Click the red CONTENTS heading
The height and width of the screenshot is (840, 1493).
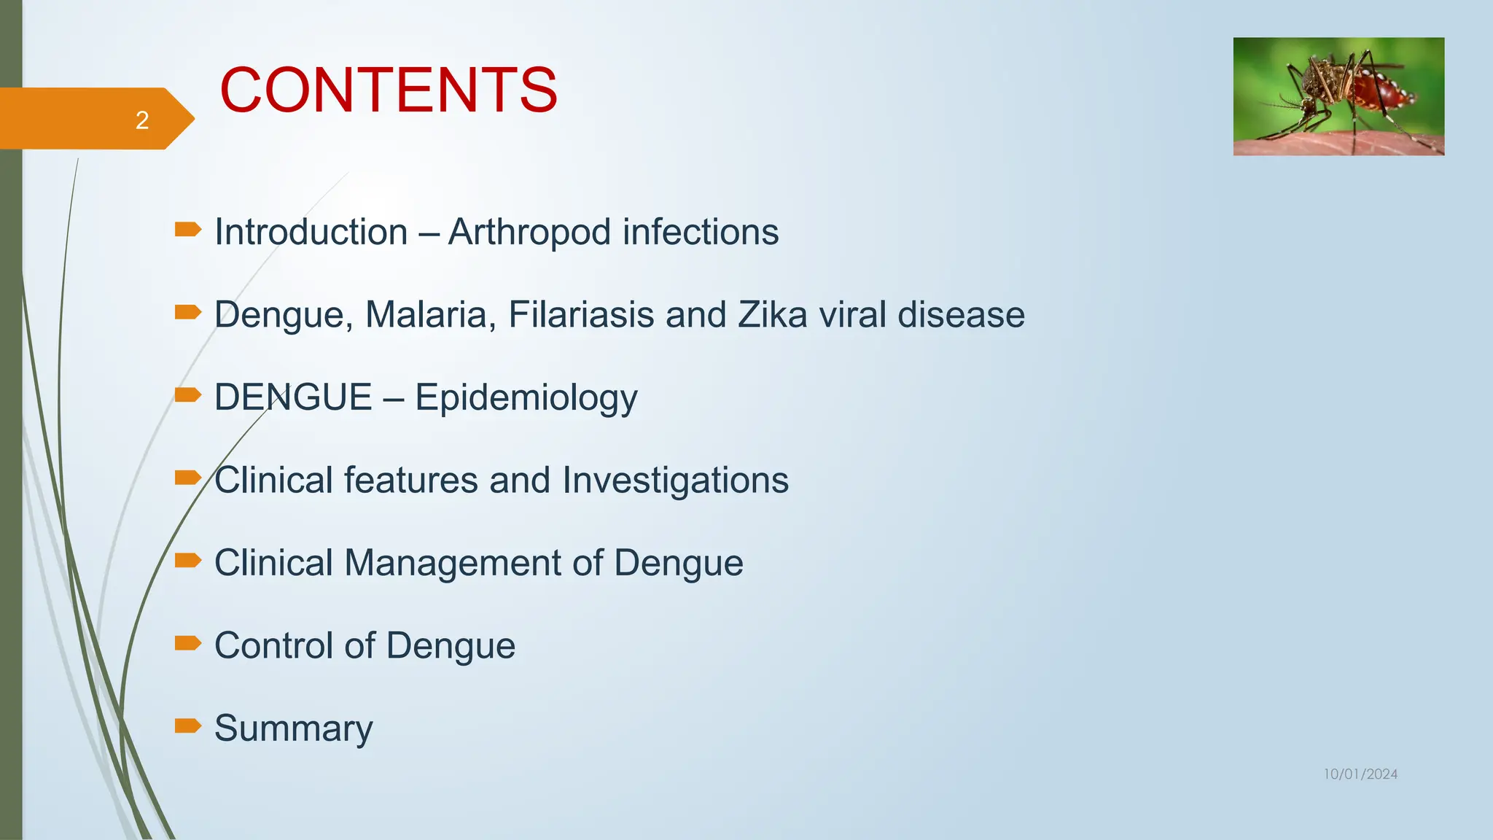(x=389, y=90)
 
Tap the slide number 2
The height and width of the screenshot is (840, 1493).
(x=142, y=120)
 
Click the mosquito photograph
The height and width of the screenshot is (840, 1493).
(x=1338, y=96)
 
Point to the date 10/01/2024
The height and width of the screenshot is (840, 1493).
(x=1360, y=774)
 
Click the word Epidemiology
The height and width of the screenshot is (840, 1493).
(x=526, y=399)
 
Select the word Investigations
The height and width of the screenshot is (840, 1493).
(x=675, y=481)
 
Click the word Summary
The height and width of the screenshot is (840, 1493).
(x=293, y=728)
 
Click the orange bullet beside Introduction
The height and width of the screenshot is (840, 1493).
(x=188, y=230)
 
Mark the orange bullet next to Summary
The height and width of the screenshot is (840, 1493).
(x=188, y=726)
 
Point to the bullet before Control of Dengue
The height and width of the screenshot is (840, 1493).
(x=188, y=642)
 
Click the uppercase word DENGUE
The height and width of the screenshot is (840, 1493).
(x=293, y=397)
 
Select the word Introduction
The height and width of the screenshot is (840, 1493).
(x=311, y=233)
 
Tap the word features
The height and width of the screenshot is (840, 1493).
(x=411, y=481)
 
